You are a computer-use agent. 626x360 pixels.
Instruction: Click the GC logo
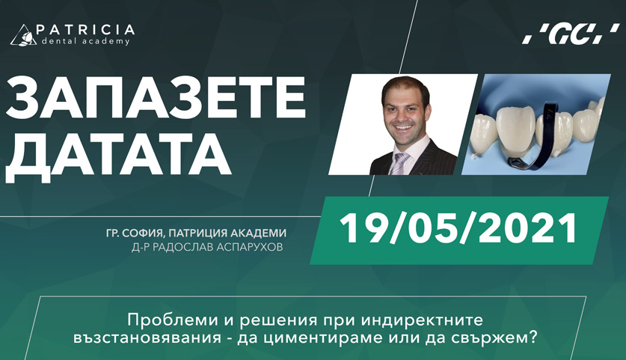point(571,34)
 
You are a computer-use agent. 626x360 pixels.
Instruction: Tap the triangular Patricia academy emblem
point(23,34)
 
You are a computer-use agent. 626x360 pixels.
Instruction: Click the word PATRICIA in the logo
point(85,30)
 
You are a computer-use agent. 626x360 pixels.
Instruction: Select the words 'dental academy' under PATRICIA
point(84,40)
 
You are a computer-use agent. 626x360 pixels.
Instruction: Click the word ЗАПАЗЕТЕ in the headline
point(156,99)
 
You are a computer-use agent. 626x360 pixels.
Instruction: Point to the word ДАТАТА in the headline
point(118,156)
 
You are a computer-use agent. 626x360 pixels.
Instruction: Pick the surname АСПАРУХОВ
point(250,248)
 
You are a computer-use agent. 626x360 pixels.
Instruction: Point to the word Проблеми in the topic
point(159,320)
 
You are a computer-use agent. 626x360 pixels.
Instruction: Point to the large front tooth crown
point(515,131)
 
